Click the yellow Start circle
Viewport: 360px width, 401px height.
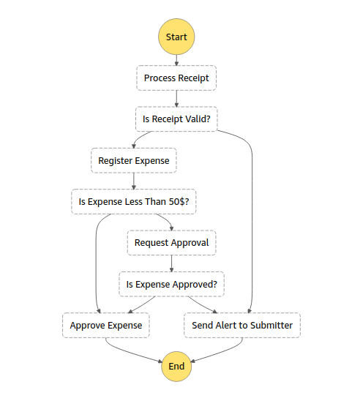click(176, 37)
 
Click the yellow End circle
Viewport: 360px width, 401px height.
click(176, 365)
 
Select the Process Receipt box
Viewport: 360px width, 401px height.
click(176, 78)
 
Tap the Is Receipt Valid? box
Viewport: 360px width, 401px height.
click(176, 119)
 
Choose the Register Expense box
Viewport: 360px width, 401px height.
click(133, 160)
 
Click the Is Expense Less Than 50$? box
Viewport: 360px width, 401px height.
click(134, 201)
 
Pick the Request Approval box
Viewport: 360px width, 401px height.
click(171, 242)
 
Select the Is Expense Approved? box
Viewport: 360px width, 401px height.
click(171, 284)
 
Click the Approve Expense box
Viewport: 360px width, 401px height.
click(106, 325)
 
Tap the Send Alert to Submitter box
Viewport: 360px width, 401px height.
click(241, 325)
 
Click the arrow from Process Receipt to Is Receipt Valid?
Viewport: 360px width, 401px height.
click(176, 99)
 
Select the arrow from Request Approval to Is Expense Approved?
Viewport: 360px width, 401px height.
click(171, 263)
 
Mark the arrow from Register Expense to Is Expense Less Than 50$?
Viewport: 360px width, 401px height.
click(133, 181)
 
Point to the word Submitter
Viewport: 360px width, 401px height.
click(269, 325)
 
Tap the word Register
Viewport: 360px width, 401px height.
click(116, 160)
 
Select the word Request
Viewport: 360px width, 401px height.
click(151, 242)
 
